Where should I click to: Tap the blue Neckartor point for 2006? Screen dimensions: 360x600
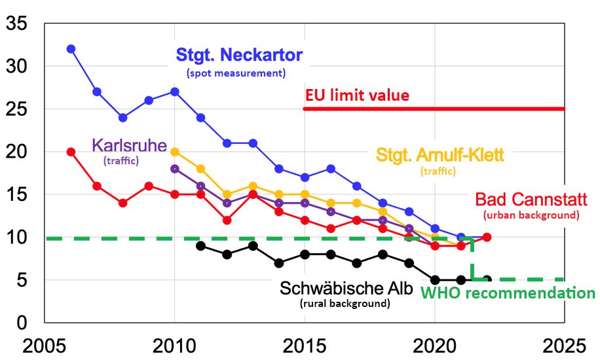[x=71, y=49]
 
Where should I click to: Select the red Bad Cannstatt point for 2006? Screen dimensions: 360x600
[x=71, y=152]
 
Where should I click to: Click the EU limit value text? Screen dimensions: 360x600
[x=357, y=96]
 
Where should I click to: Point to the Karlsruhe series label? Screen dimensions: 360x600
[x=130, y=144]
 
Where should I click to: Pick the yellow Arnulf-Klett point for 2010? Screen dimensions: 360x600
[x=175, y=152]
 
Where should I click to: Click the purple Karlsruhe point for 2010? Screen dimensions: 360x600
[x=175, y=169]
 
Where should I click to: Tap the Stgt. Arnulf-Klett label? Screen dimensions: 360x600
[x=440, y=155]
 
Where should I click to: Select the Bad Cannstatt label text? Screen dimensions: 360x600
[x=531, y=199]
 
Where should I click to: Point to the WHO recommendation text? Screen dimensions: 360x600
[x=508, y=293]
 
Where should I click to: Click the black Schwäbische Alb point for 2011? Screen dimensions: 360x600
[x=201, y=246]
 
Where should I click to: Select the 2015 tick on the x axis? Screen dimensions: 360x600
[x=305, y=344]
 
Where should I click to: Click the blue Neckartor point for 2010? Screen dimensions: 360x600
[x=175, y=92]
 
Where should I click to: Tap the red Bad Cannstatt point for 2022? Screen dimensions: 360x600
[x=487, y=237]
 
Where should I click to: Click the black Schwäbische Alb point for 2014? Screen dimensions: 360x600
[x=279, y=263]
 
